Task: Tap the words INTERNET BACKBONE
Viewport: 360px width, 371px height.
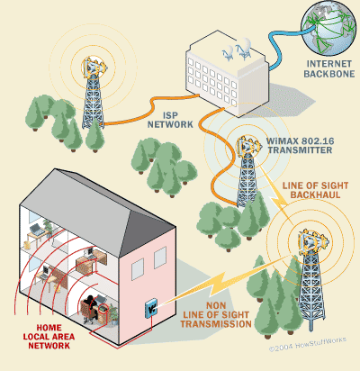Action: [x=329, y=68]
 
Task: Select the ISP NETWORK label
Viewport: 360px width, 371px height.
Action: [x=170, y=120]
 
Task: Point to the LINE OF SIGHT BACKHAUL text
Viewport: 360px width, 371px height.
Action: [x=315, y=190]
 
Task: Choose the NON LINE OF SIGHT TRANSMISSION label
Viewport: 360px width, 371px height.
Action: [x=216, y=315]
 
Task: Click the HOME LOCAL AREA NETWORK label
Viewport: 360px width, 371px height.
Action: [x=49, y=337]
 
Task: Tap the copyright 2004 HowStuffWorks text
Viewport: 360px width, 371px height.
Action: [x=308, y=344]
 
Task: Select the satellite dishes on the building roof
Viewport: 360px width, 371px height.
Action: [x=237, y=49]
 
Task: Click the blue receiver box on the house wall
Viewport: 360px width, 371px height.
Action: [x=151, y=308]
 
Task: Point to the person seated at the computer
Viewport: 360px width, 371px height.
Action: [x=90, y=309]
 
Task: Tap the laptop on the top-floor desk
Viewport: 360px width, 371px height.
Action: [x=37, y=230]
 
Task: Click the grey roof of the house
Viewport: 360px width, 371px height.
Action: [x=96, y=210]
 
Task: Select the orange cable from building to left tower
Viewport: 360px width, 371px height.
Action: [x=151, y=111]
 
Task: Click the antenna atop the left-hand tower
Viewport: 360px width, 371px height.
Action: [x=94, y=67]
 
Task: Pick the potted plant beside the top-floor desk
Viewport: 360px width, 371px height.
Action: [x=49, y=228]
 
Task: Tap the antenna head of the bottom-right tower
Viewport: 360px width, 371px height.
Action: [x=312, y=242]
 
